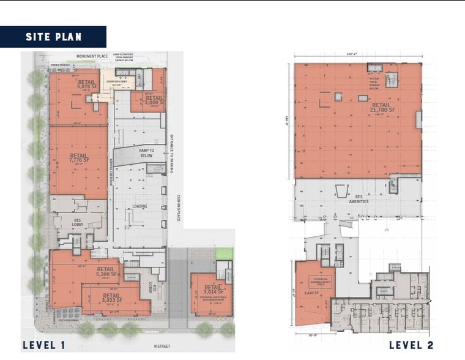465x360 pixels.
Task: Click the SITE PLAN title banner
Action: (x=53, y=37)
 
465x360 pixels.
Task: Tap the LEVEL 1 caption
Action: (x=43, y=345)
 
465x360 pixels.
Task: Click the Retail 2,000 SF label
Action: (x=154, y=100)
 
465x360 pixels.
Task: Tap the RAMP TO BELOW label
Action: (x=146, y=153)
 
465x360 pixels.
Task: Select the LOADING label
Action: (x=139, y=206)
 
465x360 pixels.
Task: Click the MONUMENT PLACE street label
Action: (x=92, y=56)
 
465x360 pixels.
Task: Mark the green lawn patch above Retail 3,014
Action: (x=225, y=253)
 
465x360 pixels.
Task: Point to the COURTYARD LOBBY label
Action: (x=117, y=81)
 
